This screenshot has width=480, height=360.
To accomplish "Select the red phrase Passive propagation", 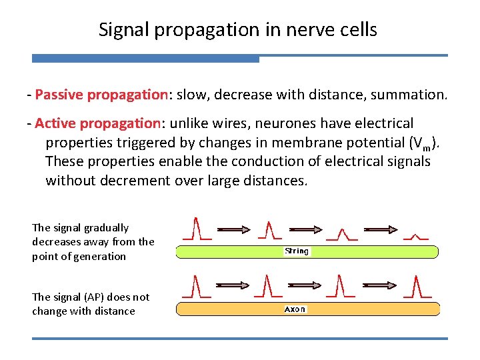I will (102, 95).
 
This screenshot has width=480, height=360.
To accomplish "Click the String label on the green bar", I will (297, 251).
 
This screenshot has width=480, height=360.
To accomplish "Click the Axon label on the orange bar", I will (295, 309).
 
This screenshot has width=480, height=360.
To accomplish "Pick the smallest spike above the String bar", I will (417, 235).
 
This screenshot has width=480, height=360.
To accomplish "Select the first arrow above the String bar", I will (232, 229).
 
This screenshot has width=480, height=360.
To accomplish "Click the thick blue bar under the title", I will (145, 59).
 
